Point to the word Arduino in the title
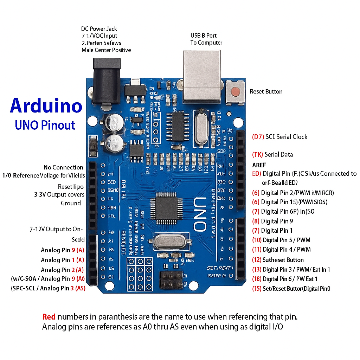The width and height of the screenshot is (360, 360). click(46, 105)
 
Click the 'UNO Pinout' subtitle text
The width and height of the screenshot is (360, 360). click(45, 125)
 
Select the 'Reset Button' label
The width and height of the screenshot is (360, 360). click(266, 91)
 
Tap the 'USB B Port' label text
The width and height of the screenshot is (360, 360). click(204, 36)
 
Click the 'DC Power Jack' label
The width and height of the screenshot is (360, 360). click(99, 29)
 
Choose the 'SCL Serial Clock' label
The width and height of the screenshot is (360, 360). click(286, 137)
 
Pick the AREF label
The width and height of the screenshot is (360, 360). click(259, 165)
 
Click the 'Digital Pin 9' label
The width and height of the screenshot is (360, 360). click(277, 221)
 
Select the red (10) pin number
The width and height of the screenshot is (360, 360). click(257, 240)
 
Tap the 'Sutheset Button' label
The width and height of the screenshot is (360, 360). click(283, 260)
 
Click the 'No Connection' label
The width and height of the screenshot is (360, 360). click(63, 167)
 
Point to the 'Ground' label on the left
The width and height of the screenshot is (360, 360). click(71, 203)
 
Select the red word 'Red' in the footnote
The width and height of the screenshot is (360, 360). click(49, 317)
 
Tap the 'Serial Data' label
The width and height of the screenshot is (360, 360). click(278, 154)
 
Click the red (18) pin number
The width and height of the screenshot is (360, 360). click(257, 279)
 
